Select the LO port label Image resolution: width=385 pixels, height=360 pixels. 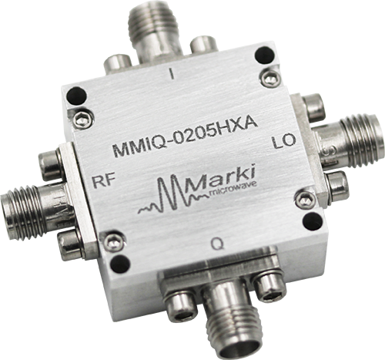(284, 144)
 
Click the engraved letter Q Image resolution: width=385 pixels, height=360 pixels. (220, 245)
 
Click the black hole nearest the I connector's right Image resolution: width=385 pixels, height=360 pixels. (263, 55)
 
